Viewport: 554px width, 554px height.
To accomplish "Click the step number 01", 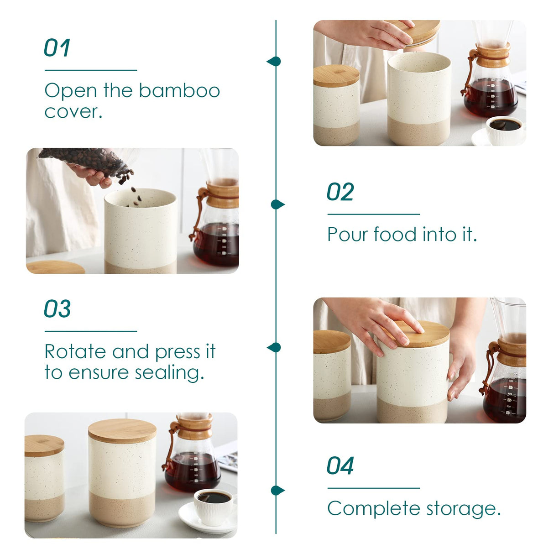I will (57, 48).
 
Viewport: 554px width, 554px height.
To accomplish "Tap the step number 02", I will (340, 192).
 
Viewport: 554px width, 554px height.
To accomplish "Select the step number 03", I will (57, 309).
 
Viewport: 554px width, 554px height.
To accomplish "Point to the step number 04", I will (340, 466).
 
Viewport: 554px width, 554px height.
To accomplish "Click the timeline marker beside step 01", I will (274, 61).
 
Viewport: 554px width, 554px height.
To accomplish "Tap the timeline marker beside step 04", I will (277, 491).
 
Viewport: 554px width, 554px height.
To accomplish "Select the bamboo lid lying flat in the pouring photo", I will (55, 267).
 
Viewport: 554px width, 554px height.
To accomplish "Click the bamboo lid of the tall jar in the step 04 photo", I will (122, 430).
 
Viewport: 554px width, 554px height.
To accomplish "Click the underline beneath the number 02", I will (373, 214).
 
